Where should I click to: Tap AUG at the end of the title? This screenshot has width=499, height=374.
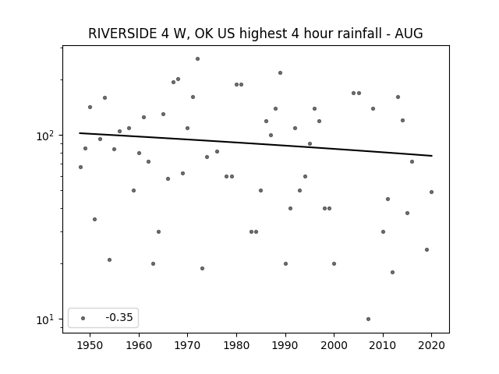click(x=409, y=34)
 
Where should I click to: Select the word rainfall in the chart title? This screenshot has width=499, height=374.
click(x=358, y=34)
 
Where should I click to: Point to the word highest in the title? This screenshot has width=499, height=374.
click(x=263, y=34)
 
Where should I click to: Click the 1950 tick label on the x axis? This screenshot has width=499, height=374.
click(x=90, y=345)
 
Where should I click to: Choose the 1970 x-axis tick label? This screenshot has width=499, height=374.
click(x=187, y=345)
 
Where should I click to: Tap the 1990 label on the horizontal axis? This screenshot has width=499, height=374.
click(x=285, y=345)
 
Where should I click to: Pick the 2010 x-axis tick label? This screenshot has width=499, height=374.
click(x=383, y=345)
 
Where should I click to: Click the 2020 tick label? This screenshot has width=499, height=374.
click(x=431, y=345)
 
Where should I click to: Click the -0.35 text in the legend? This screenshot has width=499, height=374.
click(x=119, y=317)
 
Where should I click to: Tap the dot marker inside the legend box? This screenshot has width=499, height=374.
click(x=83, y=318)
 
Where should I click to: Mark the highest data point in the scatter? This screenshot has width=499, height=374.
click(x=197, y=59)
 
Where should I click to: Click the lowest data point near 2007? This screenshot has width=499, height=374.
click(x=368, y=319)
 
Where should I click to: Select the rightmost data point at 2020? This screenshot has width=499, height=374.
click(x=431, y=192)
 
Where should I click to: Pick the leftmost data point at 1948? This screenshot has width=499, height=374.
click(x=80, y=167)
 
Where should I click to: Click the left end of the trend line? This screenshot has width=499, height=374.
click(x=80, y=133)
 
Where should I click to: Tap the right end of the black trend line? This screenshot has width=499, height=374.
click(x=432, y=156)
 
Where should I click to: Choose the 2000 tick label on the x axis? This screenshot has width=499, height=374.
click(x=334, y=345)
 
